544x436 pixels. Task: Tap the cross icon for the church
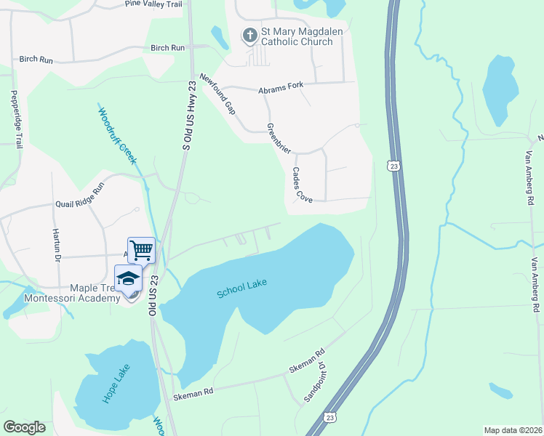pyautogui.click(x=249, y=35)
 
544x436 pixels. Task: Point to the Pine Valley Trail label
pyautogui.click(x=153, y=4)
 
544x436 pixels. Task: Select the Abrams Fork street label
pyautogui.click(x=280, y=90)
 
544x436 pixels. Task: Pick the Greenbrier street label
pyautogui.click(x=279, y=137)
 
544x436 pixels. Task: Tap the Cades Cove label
pyautogui.click(x=302, y=185)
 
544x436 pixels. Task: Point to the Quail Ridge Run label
pyautogui.click(x=80, y=195)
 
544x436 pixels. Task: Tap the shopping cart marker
pyautogui.click(x=141, y=250)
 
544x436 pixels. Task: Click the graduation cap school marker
pyautogui.click(x=128, y=278)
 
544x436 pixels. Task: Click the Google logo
pyautogui.click(x=24, y=427)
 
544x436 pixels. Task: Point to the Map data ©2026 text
pyautogui.click(x=513, y=430)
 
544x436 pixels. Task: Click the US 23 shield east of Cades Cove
pyautogui.click(x=393, y=166)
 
